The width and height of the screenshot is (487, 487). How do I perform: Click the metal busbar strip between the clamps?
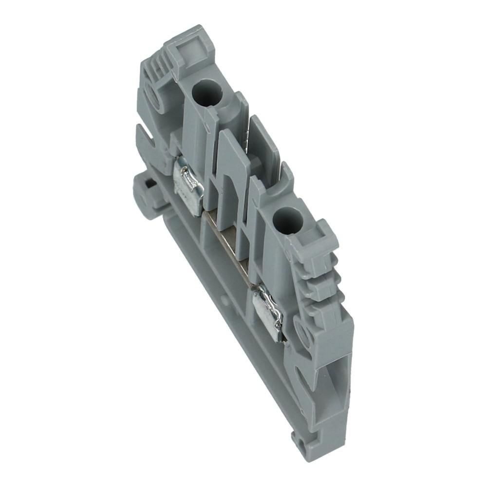(229, 243)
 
